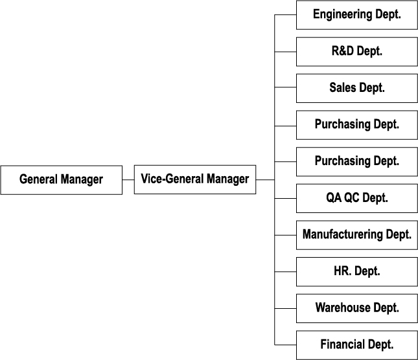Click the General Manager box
pyautogui.click(x=62, y=180)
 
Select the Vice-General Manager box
pyautogui.click(x=195, y=179)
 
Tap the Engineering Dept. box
pyautogui.click(x=357, y=15)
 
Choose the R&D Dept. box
pyautogui.click(x=357, y=52)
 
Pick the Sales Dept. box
pyautogui.click(x=357, y=88)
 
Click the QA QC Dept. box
pyautogui.click(x=357, y=198)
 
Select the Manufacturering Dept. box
pyautogui.click(x=357, y=235)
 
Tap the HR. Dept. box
pyautogui.click(x=357, y=271)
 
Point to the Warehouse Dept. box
pyautogui.click(x=357, y=308)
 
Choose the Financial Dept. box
pyautogui.click(x=357, y=345)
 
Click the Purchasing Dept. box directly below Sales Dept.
pyautogui.click(x=357, y=125)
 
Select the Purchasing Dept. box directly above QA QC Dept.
pyautogui.click(x=357, y=162)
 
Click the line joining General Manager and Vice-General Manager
pyautogui.click(x=128, y=180)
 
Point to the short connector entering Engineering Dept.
pyautogui.click(x=286, y=15)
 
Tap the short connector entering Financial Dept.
pyautogui.click(x=286, y=345)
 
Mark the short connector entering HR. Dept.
pyautogui.click(x=286, y=271)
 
